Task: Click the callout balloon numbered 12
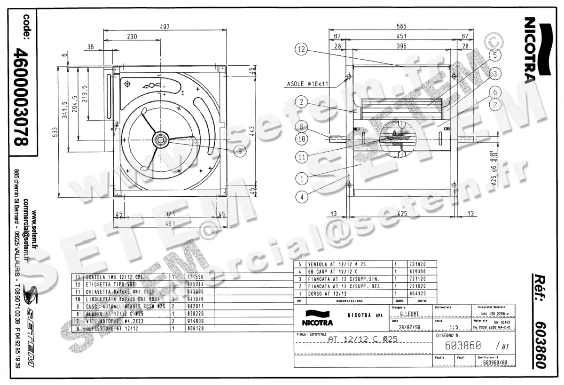(302, 48)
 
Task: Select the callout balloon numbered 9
(240, 151)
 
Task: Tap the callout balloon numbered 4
(302, 197)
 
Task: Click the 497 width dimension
(164, 27)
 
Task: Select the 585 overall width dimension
(401, 27)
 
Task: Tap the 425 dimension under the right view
(401, 214)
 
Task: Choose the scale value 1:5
(454, 328)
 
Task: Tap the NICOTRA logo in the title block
(319, 318)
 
